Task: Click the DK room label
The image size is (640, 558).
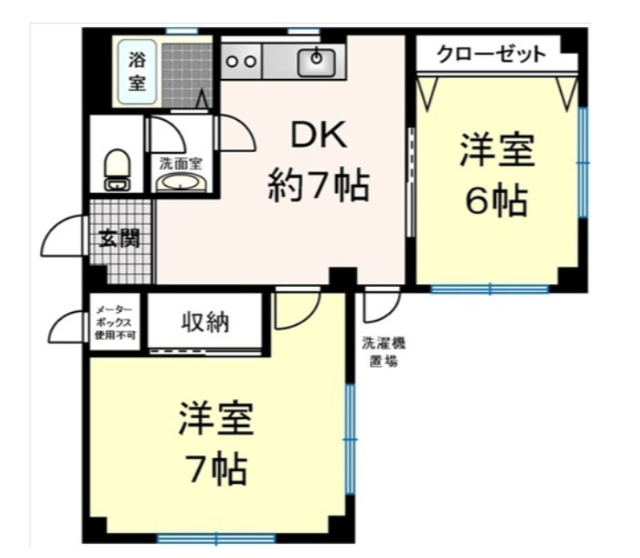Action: [318, 136]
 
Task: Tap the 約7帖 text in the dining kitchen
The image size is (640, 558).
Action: [318, 185]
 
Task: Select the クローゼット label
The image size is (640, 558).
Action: [491, 55]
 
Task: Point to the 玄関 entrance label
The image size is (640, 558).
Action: [119, 237]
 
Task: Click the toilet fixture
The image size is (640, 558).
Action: [116, 169]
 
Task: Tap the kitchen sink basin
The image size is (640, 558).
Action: [318, 60]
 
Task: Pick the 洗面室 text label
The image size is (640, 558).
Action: [181, 163]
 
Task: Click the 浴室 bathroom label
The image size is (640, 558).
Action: [138, 72]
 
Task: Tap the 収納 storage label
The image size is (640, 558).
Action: [205, 322]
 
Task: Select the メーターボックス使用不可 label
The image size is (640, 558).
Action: [115, 322]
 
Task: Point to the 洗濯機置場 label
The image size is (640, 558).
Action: [383, 351]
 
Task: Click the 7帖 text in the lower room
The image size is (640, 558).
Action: [217, 470]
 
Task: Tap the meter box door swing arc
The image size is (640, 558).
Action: [68, 329]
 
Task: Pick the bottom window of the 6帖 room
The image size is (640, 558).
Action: [490, 289]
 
